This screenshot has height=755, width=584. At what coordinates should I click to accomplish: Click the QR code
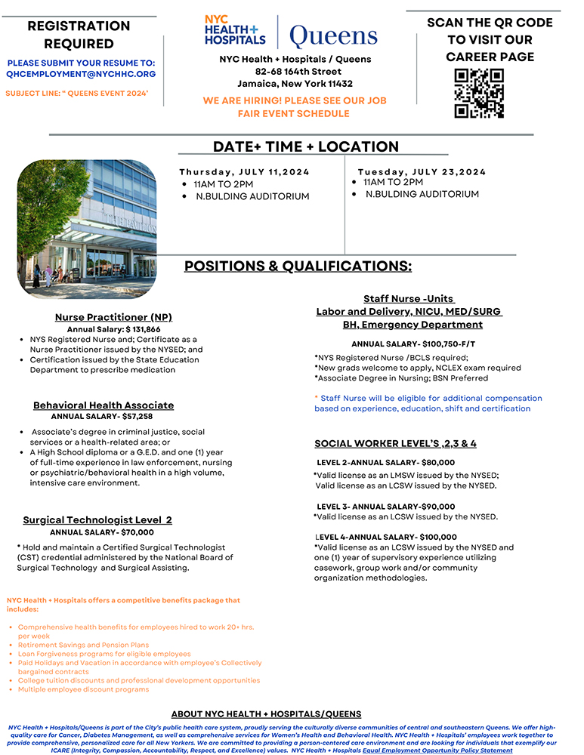point(479,93)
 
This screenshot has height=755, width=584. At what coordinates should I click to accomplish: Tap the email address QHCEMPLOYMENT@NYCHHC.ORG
point(81,74)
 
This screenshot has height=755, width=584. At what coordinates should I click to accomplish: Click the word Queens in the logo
point(333,35)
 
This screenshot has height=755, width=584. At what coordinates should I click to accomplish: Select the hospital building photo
point(86,228)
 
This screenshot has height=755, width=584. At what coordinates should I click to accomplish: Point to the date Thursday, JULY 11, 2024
point(245,172)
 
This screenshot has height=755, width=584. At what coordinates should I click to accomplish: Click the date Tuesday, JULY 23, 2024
point(422,172)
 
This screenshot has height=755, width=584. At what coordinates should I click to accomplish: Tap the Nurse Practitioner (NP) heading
point(113,317)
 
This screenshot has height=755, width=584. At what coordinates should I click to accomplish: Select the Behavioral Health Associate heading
point(104,405)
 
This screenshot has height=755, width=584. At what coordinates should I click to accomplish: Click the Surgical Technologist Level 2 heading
point(97,520)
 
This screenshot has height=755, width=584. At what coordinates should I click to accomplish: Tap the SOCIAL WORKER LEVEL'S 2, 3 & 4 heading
point(406,443)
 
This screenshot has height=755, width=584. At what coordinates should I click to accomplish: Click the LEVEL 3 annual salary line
point(386,507)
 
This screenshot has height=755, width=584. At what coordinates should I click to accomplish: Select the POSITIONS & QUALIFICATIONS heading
point(298,266)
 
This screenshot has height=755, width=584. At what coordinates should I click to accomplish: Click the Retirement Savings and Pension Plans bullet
point(83,645)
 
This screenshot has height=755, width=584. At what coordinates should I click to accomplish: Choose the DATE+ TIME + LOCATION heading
point(306,146)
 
